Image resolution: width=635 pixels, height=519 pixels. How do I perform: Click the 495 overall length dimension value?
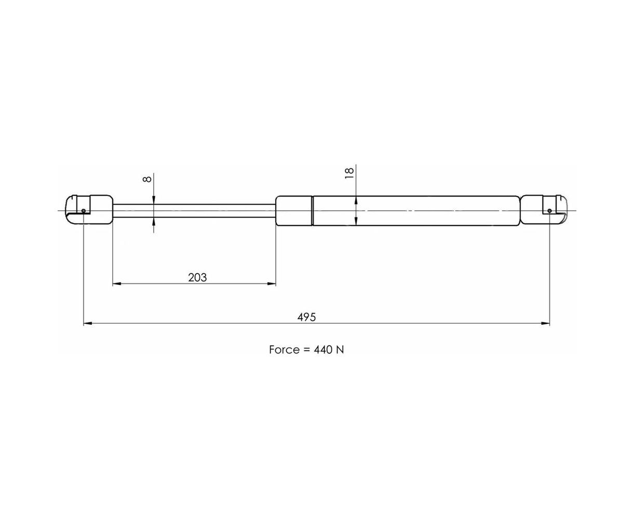coord(306,317)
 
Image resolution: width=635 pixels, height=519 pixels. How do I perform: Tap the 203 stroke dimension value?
coord(197,277)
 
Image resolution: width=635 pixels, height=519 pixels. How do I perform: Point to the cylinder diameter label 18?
coord(349,173)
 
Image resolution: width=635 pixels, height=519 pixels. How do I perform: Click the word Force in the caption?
coord(285,350)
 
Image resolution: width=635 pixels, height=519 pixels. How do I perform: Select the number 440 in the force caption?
coord(323,350)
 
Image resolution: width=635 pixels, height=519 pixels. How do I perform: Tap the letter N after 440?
coord(340,350)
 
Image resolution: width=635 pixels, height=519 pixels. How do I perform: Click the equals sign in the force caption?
coord(307,350)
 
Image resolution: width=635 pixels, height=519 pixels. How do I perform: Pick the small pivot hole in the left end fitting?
coord(84,211)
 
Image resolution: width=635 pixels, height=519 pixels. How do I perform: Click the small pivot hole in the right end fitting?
coord(549,210)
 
